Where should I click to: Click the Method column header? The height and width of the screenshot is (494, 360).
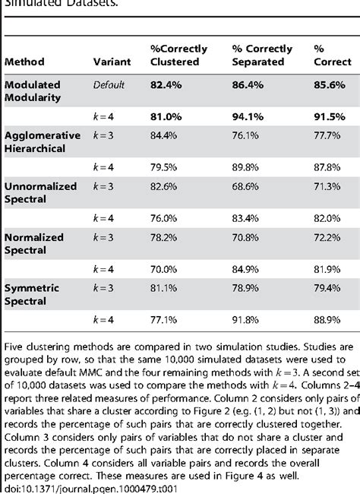[x=24, y=61]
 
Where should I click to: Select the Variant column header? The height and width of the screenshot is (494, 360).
[x=110, y=61]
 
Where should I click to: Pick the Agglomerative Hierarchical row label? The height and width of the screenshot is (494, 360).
[x=41, y=141]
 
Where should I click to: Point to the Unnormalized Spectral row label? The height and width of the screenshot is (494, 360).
[x=38, y=192]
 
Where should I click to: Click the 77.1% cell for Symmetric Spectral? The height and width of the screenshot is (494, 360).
[x=167, y=320]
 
